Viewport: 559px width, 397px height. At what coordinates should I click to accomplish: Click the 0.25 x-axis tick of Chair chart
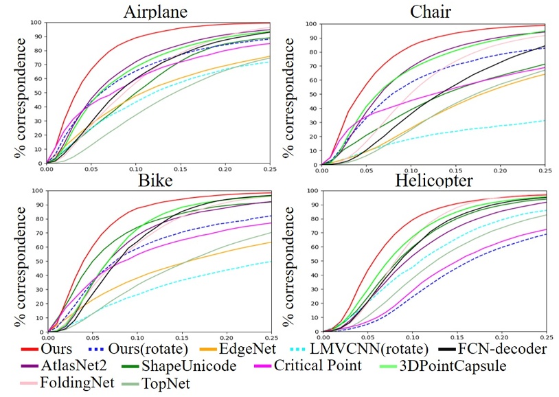544,170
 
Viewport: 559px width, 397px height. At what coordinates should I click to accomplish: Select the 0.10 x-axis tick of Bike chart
136,338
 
